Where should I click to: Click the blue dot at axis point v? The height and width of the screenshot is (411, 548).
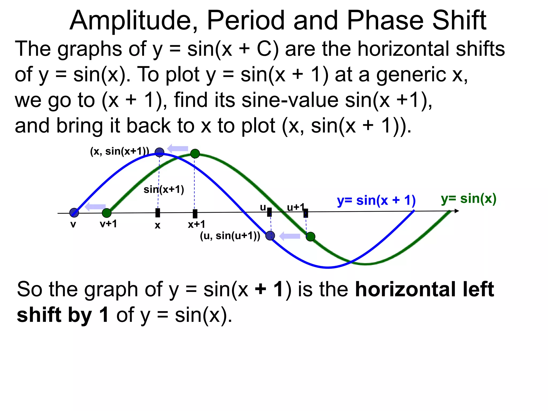click(74, 213)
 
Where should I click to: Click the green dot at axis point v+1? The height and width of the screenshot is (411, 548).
click(107, 213)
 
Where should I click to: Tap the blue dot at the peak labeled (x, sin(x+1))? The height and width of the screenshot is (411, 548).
click(159, 152)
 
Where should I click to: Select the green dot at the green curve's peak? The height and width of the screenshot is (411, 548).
click(195, 154)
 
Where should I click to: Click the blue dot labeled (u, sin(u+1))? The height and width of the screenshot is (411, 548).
click(270, 236)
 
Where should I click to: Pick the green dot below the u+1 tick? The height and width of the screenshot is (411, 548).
click(310, 237)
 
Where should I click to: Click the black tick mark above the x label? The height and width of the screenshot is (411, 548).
click(158, 213)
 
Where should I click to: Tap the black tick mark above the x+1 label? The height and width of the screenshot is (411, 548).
click(195, 214)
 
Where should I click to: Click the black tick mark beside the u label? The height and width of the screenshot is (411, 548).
click(269, 212)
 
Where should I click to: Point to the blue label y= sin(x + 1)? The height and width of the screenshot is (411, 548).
click(376, 200)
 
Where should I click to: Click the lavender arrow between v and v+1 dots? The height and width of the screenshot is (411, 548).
click(95, 207)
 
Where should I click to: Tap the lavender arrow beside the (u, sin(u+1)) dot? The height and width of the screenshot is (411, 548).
click(290, 236)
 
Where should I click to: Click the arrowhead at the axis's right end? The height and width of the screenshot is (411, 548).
click(456, 211)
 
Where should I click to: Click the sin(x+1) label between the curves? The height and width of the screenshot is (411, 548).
click(164, 189)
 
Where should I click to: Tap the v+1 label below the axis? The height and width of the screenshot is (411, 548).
click(108, 224)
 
